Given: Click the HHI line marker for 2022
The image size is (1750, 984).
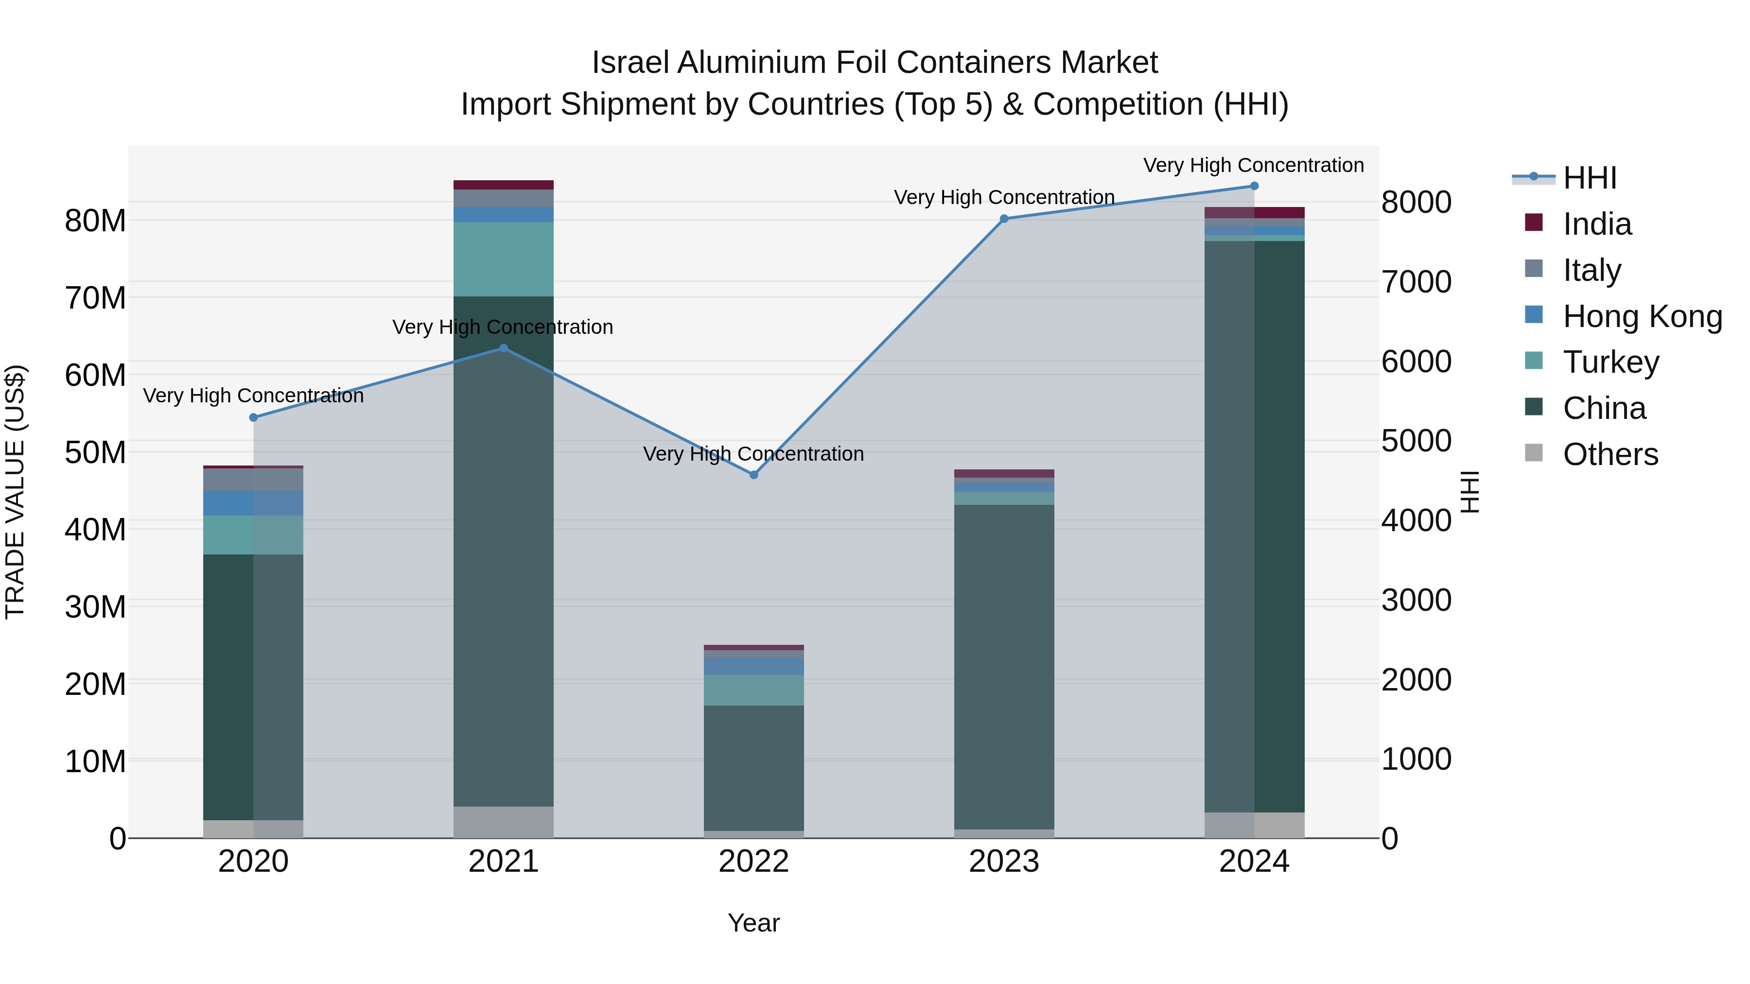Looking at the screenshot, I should tap(753, 475).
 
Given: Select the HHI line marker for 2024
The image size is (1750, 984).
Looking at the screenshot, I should tap(1254, 186).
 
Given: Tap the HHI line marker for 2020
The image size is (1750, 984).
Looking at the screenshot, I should tap(253, 417).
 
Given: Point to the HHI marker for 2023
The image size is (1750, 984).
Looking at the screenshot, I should tap(1004, 219).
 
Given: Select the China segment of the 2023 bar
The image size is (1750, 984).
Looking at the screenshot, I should tap(1004, 666).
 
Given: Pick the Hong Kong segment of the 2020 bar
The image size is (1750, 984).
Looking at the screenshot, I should tap(253, 503).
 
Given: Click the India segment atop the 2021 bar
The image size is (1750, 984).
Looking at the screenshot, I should tap(504, 185).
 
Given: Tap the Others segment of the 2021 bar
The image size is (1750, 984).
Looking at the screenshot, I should tap(504, 822).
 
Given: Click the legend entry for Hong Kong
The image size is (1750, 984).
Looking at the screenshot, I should tap(1642, 316).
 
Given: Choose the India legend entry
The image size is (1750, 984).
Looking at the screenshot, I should tap(1596, 224).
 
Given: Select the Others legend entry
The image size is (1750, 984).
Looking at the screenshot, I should tap(1610, 454).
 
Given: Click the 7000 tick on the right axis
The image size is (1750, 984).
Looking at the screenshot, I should tap(1417, 282).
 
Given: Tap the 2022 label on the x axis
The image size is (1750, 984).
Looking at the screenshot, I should tap(753, 862).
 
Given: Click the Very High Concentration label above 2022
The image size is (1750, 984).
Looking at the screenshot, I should tap(753, 454).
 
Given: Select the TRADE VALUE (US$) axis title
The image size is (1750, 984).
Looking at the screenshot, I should tap(15, 492).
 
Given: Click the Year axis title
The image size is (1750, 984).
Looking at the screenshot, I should tap(753, 923).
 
